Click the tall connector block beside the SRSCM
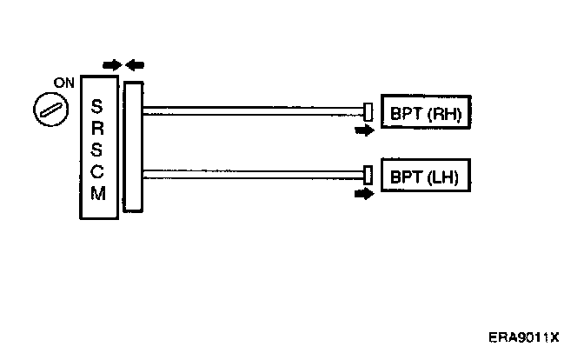pos(132,146)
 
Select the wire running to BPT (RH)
pos(252,110)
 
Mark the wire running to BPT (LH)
pos(252,173)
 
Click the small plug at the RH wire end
pos(368,111)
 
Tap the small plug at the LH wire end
pos(368,175)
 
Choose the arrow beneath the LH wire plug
pos(364,194)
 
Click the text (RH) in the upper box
pos(449,114)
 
